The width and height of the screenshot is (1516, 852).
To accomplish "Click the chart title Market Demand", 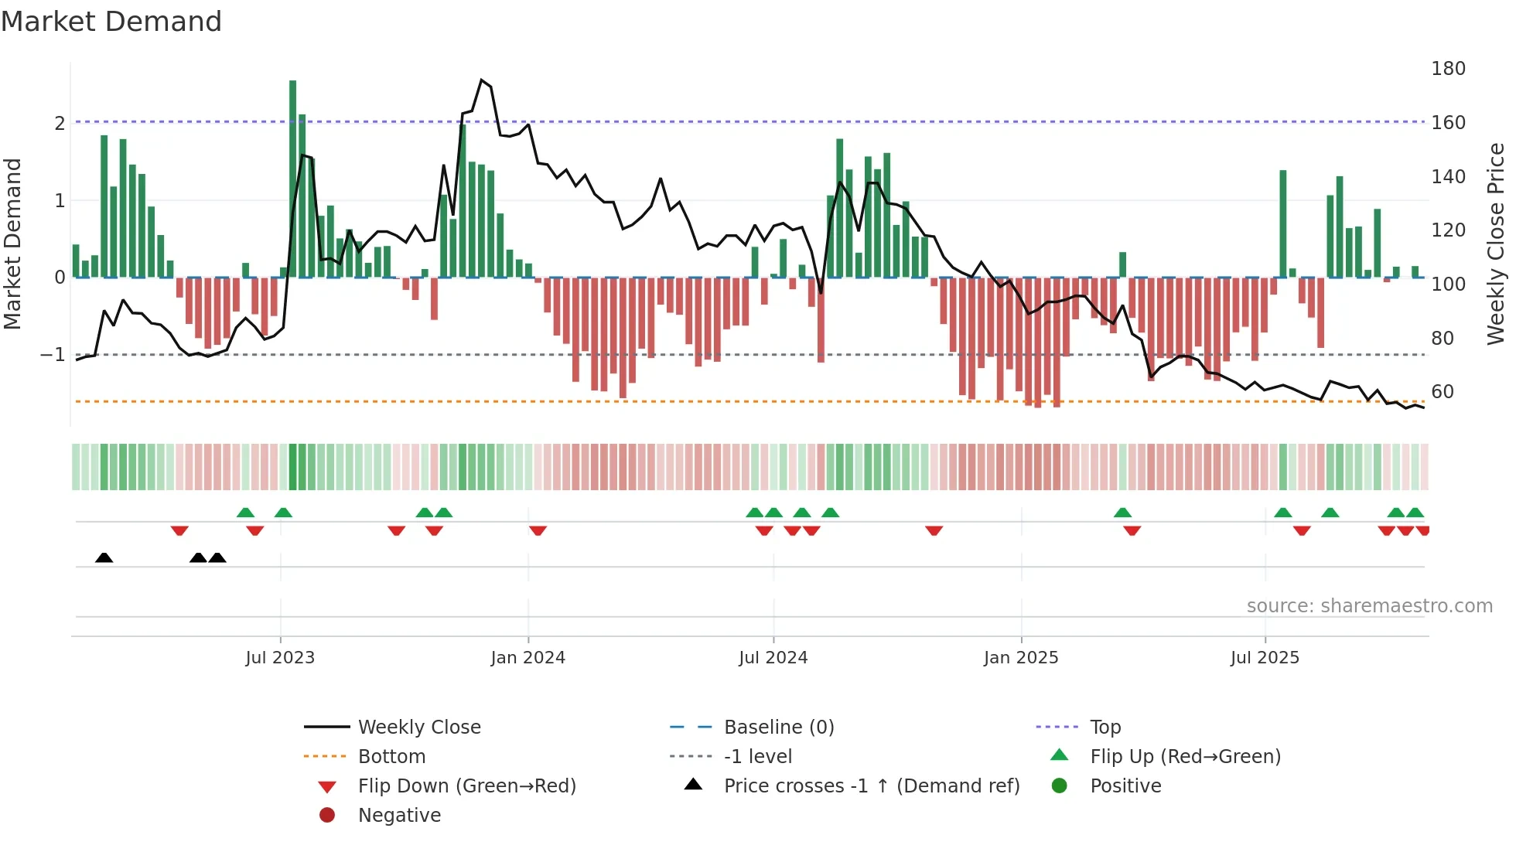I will (111, 22).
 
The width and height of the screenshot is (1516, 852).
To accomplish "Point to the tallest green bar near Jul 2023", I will (292, 178).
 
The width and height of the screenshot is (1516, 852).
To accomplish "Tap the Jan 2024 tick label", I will (528, 658).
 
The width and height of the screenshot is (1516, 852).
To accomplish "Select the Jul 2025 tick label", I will (1265, 658).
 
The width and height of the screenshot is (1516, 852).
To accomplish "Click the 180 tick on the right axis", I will (1448, 69).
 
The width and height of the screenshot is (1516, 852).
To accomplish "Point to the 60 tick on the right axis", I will (1442, 392).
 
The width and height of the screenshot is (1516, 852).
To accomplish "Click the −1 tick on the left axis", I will (53, 355).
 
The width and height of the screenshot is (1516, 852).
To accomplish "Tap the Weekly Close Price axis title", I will (1496, 244).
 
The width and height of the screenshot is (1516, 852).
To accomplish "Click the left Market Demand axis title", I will (13, 244).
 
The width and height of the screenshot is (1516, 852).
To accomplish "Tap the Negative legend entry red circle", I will (327, 816).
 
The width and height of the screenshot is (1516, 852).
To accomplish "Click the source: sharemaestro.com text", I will (1369, 606).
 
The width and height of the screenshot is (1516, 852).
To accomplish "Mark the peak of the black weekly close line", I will (481, 80).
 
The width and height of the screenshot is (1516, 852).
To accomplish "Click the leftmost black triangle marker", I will (104, 557).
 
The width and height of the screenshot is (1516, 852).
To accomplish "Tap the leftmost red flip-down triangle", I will (179, 530).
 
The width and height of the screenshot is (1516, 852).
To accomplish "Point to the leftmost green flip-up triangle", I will (245, 513).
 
